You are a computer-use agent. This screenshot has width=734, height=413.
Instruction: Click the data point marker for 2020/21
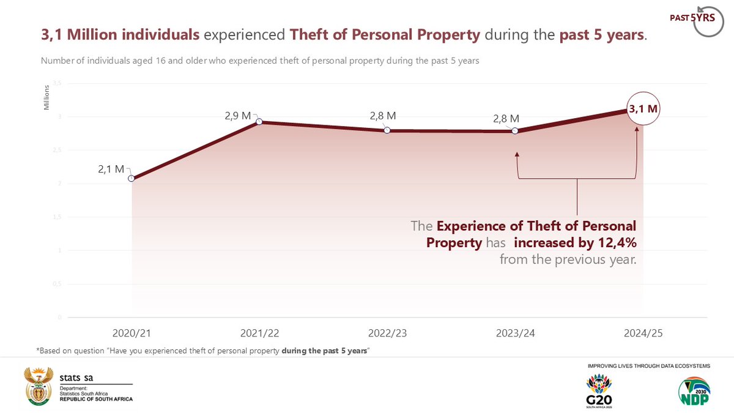coord(132,179)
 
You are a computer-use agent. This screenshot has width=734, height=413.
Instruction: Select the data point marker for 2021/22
coord(259,122)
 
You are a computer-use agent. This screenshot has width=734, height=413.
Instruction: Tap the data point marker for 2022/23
coord(387,130)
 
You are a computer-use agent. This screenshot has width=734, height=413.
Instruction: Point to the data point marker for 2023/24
coord(515,131)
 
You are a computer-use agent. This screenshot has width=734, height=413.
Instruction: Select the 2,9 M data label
coord(237,114)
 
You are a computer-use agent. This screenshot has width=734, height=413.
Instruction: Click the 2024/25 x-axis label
coord(643,333)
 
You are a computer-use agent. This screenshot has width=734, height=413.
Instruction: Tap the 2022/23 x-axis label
coord(387,333)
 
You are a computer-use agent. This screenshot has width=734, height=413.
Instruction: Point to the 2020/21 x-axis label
coord(132,333)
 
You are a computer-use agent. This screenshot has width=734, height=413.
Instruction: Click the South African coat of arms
coord(38,386)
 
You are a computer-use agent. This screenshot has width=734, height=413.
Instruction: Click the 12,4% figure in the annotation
coord(616,243)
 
